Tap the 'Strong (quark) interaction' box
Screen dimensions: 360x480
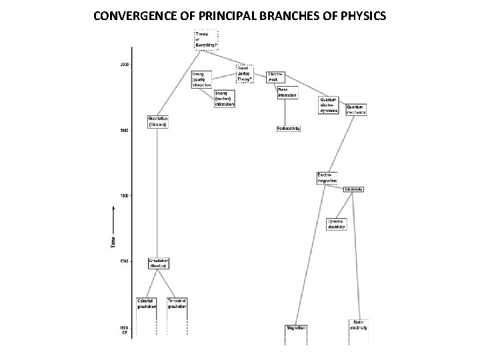pyautogui.click(x=201, y=79)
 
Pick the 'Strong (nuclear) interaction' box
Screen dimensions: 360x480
pyautogui.click(x=224, y=98)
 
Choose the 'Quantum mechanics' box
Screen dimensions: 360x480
pyautogui.click(x=356, y=109)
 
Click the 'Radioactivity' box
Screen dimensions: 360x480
pyautogui.click(x=288, y=128)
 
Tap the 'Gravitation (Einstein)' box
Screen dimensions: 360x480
pyautogui.click(x=158, y=123)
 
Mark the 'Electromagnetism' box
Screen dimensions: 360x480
pyautogui.click(x=327, y=178)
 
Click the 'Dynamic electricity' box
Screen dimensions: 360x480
pyautogui.click(x=337, y=225)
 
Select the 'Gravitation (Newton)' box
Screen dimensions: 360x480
pyautogui.click(x=159, y=263)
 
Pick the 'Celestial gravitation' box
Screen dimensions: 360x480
pyautogui.click(x=147, y=304)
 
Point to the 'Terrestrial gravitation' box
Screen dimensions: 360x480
pyautogui.click(x=177, y=304)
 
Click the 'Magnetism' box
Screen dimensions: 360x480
pyautogui.click(x=295, y=327)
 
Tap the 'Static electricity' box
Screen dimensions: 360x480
pyautogui.click(x=359, y=325)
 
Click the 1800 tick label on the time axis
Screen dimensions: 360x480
pyautogui.click(x=124, y=195)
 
